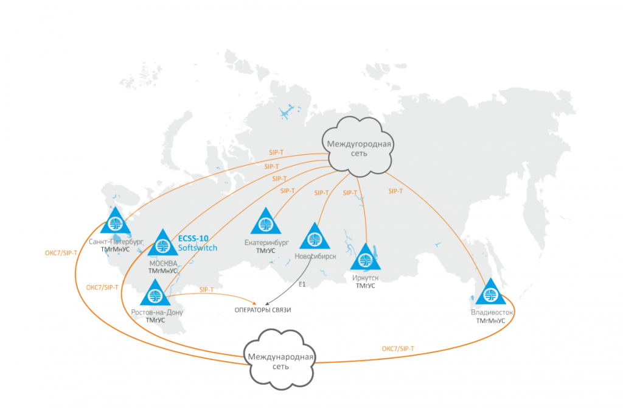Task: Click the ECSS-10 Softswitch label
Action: (197, 244)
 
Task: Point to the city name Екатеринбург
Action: (265, 243)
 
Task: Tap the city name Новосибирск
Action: (315, 256)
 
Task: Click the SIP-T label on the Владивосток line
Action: (396, 191)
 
